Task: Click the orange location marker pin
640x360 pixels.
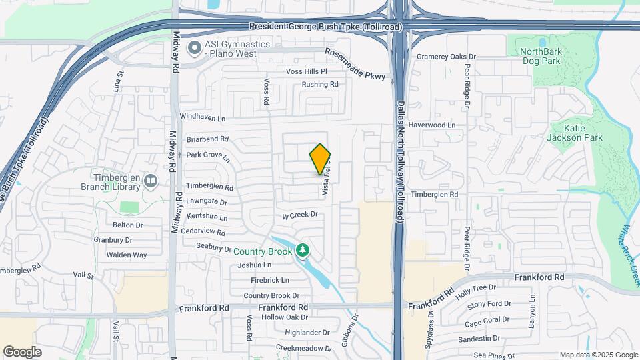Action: coord(321,159)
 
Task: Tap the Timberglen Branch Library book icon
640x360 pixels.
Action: coord(151,180)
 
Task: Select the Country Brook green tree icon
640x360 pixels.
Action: coord(303,251)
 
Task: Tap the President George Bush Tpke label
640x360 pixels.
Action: coord(325,27)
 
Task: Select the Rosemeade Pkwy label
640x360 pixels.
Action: coord(355,65)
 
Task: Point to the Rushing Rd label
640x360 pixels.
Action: coord(320,85)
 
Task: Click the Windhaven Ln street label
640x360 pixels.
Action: coord(203,116)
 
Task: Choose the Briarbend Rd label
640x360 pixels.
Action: coord(207,139)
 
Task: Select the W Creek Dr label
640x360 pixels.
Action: coord(300,215)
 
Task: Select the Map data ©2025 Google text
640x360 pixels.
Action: coord(598,355)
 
